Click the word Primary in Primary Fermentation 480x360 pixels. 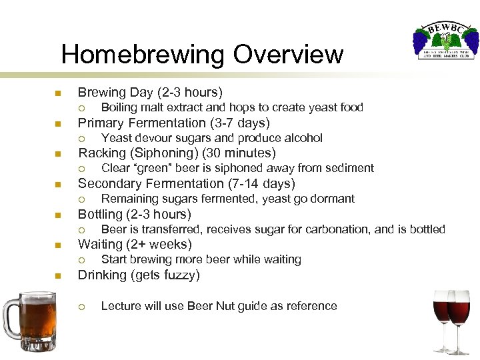[100, 123]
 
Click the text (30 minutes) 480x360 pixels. [234, 153]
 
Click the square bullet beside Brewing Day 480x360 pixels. [57, 93]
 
